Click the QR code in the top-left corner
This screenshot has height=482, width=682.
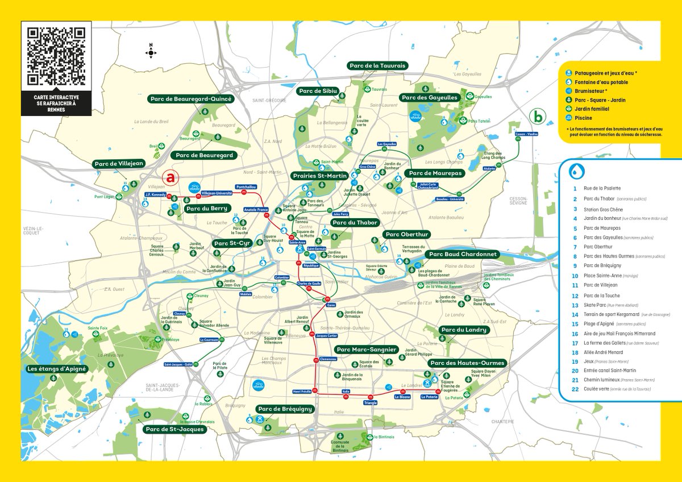coord(56,56)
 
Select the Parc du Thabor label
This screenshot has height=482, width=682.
coord(355,223)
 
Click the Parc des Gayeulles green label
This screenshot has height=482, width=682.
coord(430,98)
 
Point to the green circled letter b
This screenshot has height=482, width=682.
coord(536,116)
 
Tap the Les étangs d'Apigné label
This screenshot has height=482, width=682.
coord(57,369)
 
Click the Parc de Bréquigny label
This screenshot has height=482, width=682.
coord(285,409)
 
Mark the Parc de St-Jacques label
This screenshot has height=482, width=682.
coord(174,429)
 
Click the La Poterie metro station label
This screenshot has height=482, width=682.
coord(429,397)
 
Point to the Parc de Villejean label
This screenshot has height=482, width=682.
coord(119,164)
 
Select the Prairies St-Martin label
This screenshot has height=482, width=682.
coord(319,176)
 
